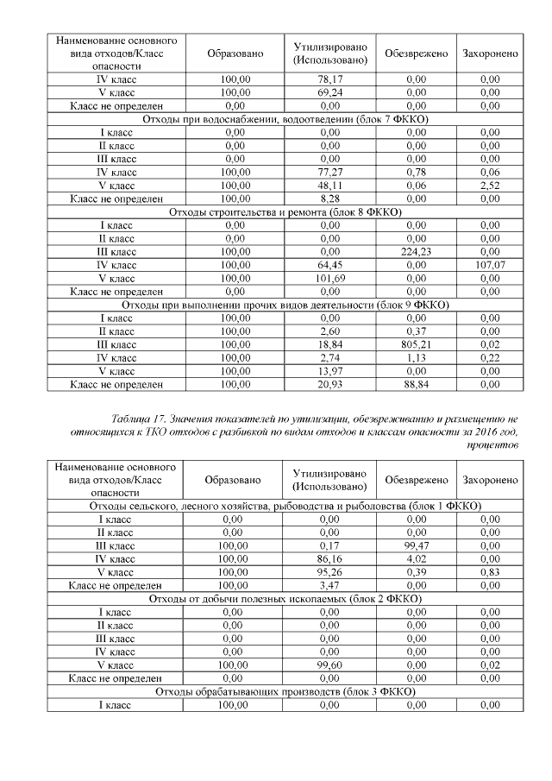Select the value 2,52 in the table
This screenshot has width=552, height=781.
pos(491,185)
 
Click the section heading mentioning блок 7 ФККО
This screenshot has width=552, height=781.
pos(285,119)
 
